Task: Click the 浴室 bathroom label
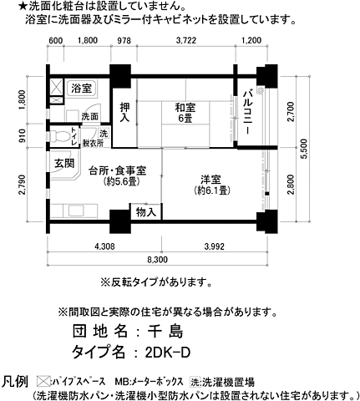coord(82,88)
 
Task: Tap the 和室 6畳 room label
coord(185,111)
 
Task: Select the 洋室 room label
coord(210,184)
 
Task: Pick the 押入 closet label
coord(125,112)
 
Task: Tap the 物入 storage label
coord(145,214)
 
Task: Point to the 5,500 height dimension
coord(305,148)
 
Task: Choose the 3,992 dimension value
coord(214,246)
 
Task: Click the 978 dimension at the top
coord(124,41)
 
